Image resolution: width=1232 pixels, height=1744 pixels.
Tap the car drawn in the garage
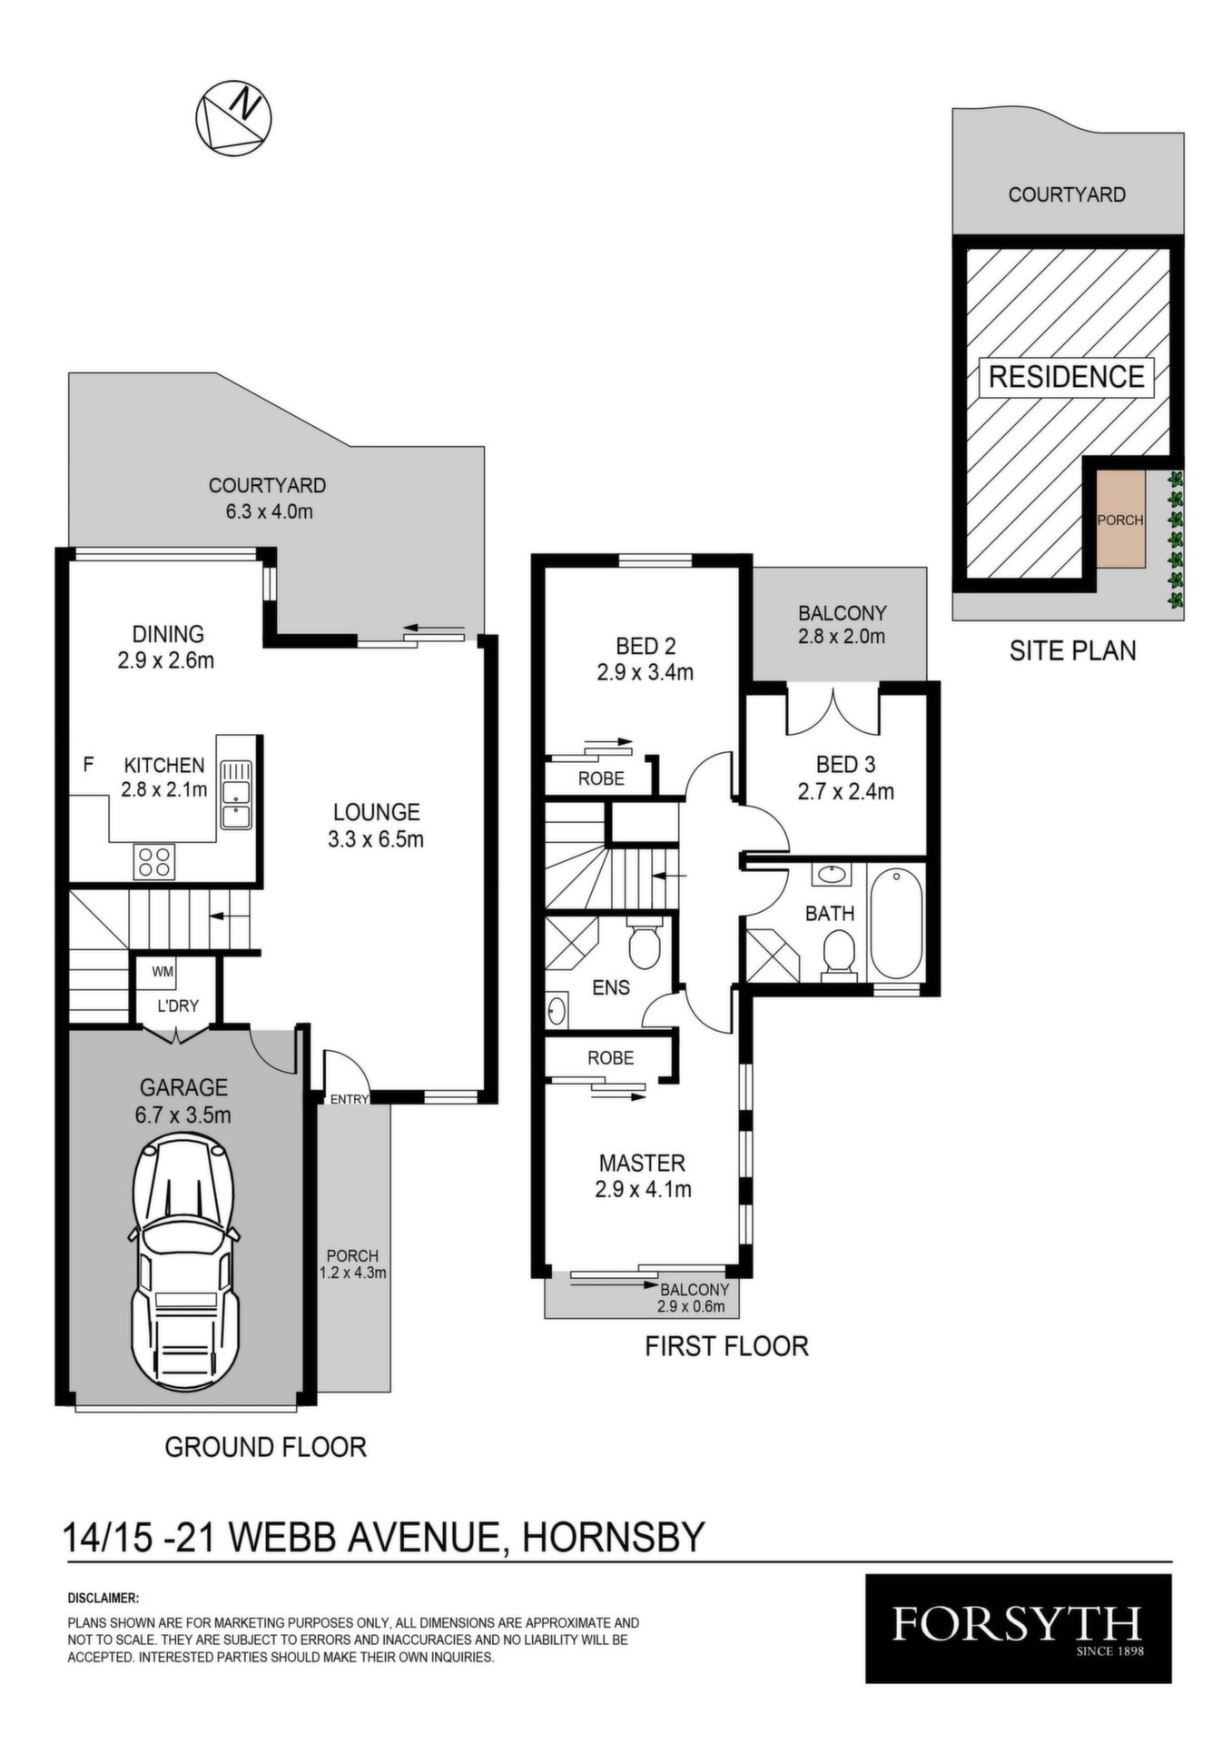tap(186, 1263)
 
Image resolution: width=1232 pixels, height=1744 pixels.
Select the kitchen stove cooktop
tap(154, 860)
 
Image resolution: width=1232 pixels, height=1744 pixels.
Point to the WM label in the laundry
tap(163, 972)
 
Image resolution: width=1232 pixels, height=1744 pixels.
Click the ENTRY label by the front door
tap(350, 1099)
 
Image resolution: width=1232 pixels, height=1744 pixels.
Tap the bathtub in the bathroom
tap(896, 923)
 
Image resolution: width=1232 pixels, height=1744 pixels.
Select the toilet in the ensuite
tap(645, 944)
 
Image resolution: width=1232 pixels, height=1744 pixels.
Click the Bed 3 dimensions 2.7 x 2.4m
tap(845, 791)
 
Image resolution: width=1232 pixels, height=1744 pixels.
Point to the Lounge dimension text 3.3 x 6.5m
tap(376, 838)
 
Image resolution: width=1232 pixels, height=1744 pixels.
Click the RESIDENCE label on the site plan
tap(1066, 376)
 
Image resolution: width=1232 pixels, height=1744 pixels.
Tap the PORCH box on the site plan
tap(1120, 520)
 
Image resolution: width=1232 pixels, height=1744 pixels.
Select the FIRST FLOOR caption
tap(726, 1345)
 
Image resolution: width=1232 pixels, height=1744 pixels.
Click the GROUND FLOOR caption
tap(265, 1447)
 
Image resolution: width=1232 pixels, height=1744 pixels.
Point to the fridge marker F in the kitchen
tap(88, 765)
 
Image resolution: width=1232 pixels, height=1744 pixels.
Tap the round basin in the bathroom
tap(831, 876)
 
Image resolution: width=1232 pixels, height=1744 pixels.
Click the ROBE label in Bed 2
tap(601, 778)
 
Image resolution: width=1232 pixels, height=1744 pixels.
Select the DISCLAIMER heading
tap(103, 1597)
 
